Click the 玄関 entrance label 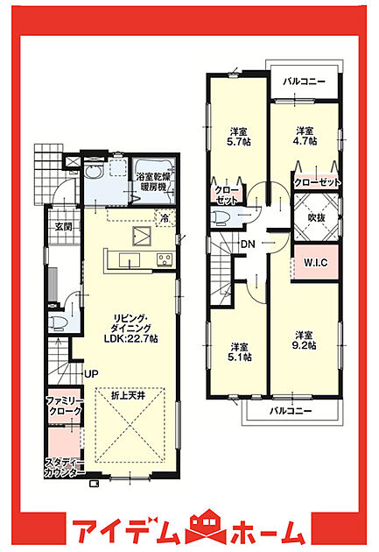pos(63,226)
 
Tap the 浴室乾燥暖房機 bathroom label pos(153,181)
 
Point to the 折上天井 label pos(129,395)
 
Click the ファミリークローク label pos(64,406)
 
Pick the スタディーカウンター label pos(65,468)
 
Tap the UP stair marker pos(91,374)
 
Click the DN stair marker pos(248,244)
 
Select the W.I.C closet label pos(315,262)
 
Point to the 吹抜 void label pos(317,217)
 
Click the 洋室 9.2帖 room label pos(304,340)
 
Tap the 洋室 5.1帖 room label pos(240,351)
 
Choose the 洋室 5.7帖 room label pos(239,137)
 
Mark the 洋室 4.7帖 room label pos(305,136)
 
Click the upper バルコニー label pos(305,81)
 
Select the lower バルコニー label pos(291,411)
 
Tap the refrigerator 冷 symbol pos(165,218)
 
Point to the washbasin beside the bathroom pos(94,172)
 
